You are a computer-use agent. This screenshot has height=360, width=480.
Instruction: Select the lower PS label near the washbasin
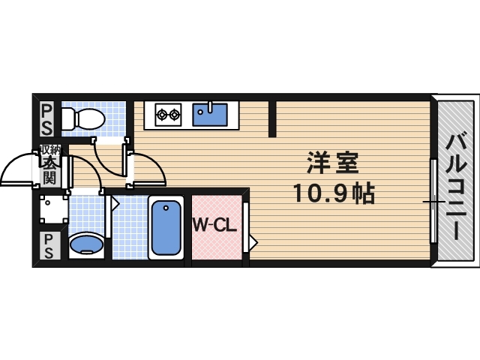pyautogui.click(x=46, y=245)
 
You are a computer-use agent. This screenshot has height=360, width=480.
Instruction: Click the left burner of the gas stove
pyautogui.click(x=161, y=115)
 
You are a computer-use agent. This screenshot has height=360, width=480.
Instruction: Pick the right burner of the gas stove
pyautogui.click(x=175, y=115)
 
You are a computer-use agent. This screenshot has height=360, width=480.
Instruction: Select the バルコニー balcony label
pyautogui.click(x=457, y=184)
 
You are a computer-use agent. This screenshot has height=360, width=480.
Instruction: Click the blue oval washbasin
pyautogui.click(x=85, y=244)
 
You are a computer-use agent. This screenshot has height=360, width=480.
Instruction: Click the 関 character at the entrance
pyautogui.click(x=49, y=178)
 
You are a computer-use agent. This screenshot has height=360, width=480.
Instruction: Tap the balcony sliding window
pyautogui.click(x=433, y=201)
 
